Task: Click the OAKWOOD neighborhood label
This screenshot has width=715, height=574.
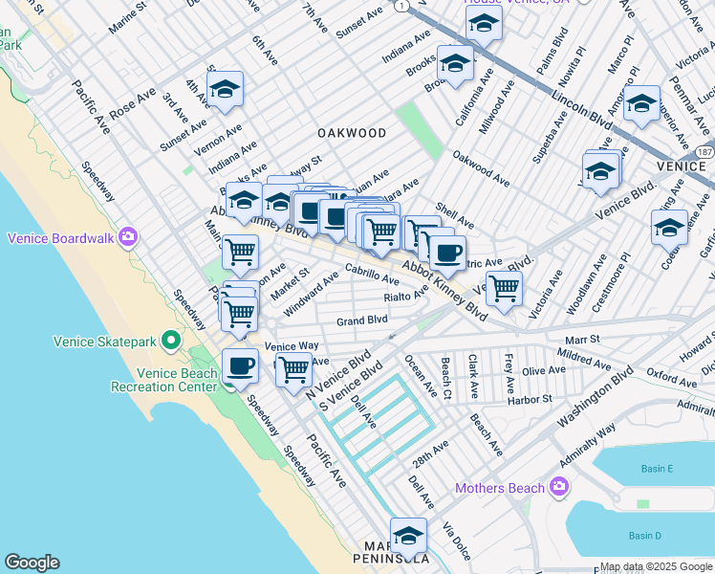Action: click(x=353, y=133)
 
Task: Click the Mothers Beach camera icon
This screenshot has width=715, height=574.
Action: click(x=559, y=488)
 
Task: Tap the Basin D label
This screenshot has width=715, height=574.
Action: click(x=646, y=535)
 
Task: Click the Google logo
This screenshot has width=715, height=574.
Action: click(x=32, y=563)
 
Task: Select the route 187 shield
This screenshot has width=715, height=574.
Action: click(x=704, y=153)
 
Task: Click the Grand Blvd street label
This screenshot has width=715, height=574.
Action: click(x=361, y=320)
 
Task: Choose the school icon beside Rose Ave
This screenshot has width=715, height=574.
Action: click(x=226, y=91)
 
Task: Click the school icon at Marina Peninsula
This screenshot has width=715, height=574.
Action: click(x=408, y=537)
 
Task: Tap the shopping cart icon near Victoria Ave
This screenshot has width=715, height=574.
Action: click(x=504, y=287)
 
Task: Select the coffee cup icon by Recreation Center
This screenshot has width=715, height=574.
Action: click(x=240, y=365)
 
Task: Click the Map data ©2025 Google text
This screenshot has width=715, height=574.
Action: click(x=655, y=566)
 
